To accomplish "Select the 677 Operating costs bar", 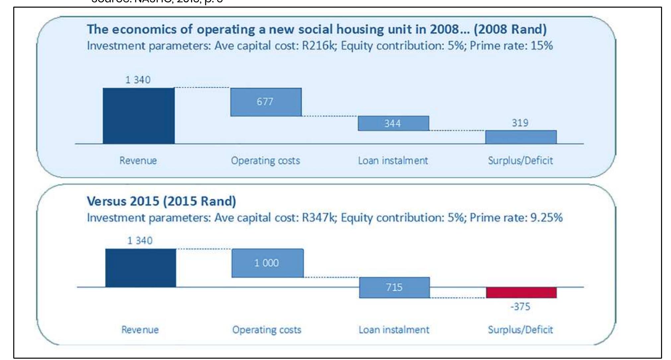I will coord(266,102).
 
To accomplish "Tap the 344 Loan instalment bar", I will coord(393,123).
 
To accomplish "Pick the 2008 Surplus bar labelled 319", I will coord(521,137).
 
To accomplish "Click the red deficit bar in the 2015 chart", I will coord(521,293).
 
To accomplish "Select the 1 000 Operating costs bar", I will coord(267,263).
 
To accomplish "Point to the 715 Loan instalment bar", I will coord(394,287).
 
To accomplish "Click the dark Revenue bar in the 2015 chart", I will coord(141,268).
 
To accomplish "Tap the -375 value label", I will coord(520,307).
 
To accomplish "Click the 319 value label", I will coord(520,123).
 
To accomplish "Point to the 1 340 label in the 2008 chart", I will coord(138,80).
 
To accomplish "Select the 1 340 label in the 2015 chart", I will coord(140,241).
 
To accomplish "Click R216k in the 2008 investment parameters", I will coord(319,45).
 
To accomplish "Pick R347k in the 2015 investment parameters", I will coord(319,218).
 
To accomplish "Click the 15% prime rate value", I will coord(542,45).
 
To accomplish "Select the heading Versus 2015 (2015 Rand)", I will coord(161,201).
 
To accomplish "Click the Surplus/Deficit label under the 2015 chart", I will coord(520,330).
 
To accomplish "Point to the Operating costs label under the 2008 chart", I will coord(265,161).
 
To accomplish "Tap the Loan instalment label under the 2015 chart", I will coord(394,330).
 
